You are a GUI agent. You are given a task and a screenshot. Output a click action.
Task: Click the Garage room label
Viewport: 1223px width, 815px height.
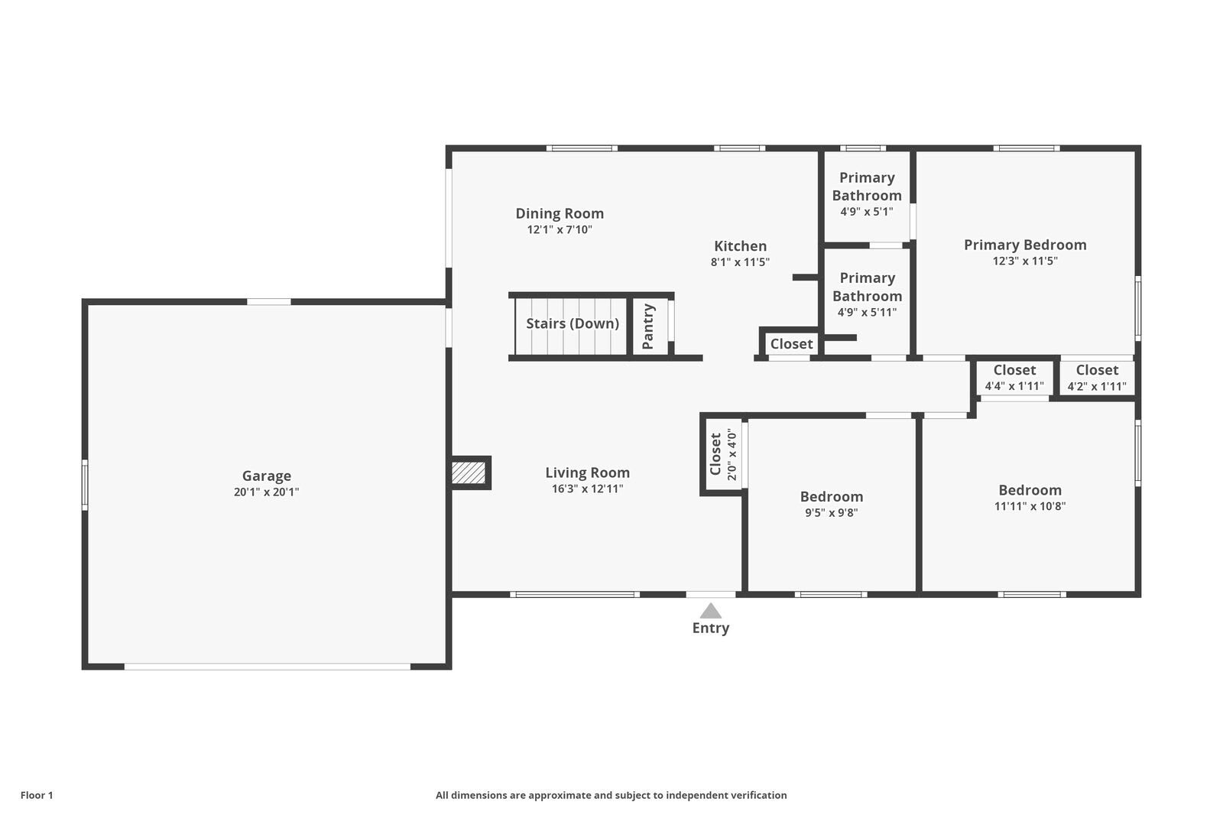(x=266, y=476)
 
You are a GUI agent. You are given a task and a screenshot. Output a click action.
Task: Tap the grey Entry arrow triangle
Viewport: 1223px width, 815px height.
(x=711, y=611)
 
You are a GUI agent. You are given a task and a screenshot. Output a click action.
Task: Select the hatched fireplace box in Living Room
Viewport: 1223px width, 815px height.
(x=469, y=472)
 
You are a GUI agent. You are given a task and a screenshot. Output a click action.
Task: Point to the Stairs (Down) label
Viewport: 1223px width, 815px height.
(x=572, y=323)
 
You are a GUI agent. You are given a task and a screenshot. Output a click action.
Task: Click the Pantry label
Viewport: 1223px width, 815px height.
(x=648, y=326)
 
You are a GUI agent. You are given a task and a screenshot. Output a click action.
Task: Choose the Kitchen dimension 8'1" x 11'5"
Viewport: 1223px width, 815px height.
(x=740, y=262)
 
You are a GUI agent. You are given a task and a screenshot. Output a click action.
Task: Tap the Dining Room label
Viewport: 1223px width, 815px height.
(x=560, y=213)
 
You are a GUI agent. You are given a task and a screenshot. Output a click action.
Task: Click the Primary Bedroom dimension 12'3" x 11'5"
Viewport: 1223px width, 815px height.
(x=1024, y=261)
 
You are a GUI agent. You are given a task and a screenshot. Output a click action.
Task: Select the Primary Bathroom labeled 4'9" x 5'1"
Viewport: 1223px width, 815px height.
(x=867, y=194)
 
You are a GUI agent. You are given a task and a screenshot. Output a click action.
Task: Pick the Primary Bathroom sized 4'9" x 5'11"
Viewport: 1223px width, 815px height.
(x=867, y=295)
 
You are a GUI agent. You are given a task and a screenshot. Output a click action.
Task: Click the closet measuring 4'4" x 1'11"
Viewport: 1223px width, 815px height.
(x=1014, y=378)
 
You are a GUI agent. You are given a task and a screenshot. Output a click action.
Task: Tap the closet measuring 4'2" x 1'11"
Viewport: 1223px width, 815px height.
(x=1097, y=378)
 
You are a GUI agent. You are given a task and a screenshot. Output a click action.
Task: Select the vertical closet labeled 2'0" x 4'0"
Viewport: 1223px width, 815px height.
(x=722, y=455)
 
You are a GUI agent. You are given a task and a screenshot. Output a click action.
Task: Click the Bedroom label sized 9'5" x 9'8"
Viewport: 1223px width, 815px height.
(x=832, y=497)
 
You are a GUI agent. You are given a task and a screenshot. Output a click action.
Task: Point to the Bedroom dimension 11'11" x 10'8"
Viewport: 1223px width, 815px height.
(x=1030, y=506)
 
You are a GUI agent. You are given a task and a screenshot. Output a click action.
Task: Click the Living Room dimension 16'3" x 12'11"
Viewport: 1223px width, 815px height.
(x=587, y=489)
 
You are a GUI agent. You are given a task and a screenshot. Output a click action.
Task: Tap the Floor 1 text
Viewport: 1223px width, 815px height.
(x=37, y=795)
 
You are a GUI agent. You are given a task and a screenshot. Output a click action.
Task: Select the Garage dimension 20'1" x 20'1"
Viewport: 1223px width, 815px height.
(x=266, y=492)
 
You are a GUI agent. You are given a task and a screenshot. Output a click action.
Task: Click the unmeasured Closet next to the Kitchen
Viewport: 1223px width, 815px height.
(x=791, y=344)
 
